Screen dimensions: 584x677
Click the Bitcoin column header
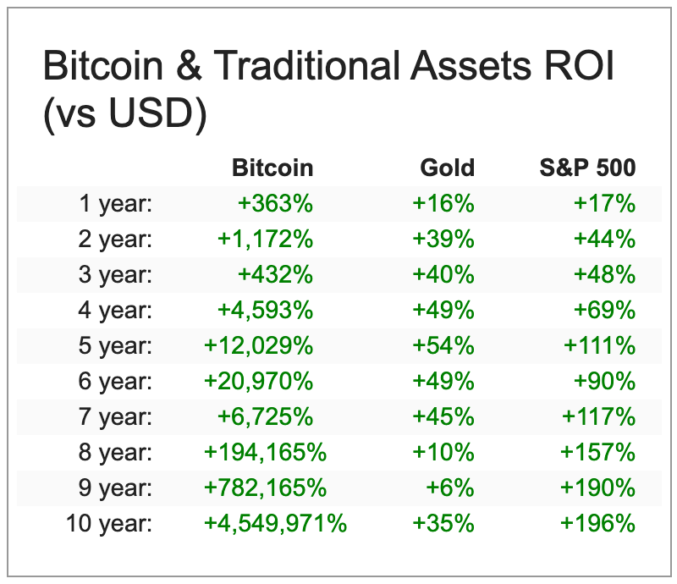pos(272,168)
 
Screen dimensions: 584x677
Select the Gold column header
pos(447,168)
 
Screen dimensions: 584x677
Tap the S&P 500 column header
pos(587,168)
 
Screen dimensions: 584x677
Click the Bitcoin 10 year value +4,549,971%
pos(275,523)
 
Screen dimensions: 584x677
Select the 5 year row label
pos(115,345)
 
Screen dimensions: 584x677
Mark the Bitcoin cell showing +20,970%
pos(258,381)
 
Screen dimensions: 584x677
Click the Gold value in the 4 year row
pos(443,310)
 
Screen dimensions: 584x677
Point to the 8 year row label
pos(115,452)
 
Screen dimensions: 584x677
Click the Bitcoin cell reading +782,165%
pos(265,488)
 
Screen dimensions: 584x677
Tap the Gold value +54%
pos(443,345)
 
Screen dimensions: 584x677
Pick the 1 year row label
pos(115,203)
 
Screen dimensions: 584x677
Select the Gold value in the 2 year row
pos(443,239)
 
